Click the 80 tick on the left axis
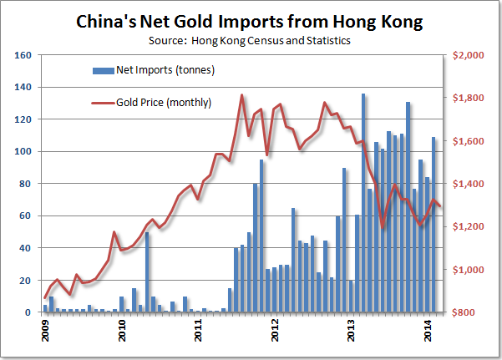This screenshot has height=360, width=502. pos(25,184)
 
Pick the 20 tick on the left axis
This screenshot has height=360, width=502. pos(25,281)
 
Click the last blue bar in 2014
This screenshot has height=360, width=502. pos(434,225)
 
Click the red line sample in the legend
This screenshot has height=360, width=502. pos(103,103)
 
